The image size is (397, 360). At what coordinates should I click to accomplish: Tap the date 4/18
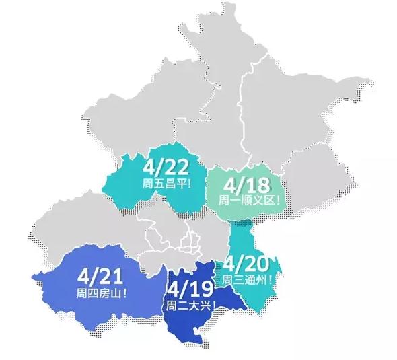coord(246,184)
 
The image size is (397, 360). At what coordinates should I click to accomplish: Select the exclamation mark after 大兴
coord(213,306)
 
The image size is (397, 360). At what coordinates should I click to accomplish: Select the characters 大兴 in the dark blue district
coord(201,306)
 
